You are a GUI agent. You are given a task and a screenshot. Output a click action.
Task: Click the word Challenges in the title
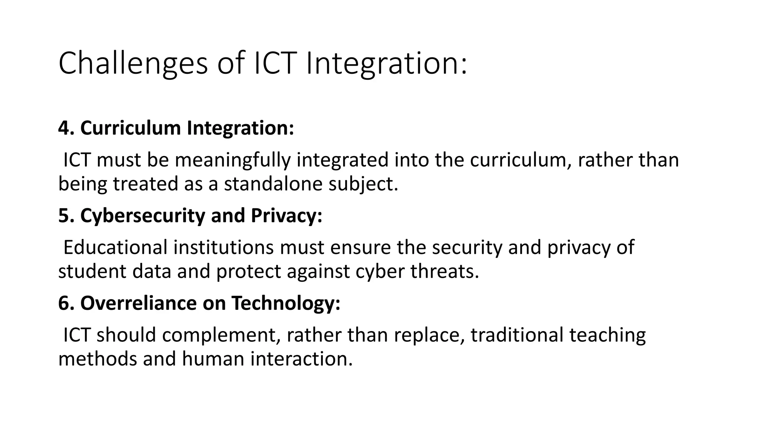coord(133,64)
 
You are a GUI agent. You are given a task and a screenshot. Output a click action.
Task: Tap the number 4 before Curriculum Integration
coord(63,128)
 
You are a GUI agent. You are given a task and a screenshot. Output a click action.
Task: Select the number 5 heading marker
coord(63,216)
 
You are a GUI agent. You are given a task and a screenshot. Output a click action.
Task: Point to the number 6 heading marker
coord(63,303)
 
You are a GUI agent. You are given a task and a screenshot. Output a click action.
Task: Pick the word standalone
coord(273,184)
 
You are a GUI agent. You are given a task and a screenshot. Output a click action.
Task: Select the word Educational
coord(115,247)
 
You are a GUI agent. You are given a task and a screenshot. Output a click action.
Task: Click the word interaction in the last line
coord(301,359)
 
